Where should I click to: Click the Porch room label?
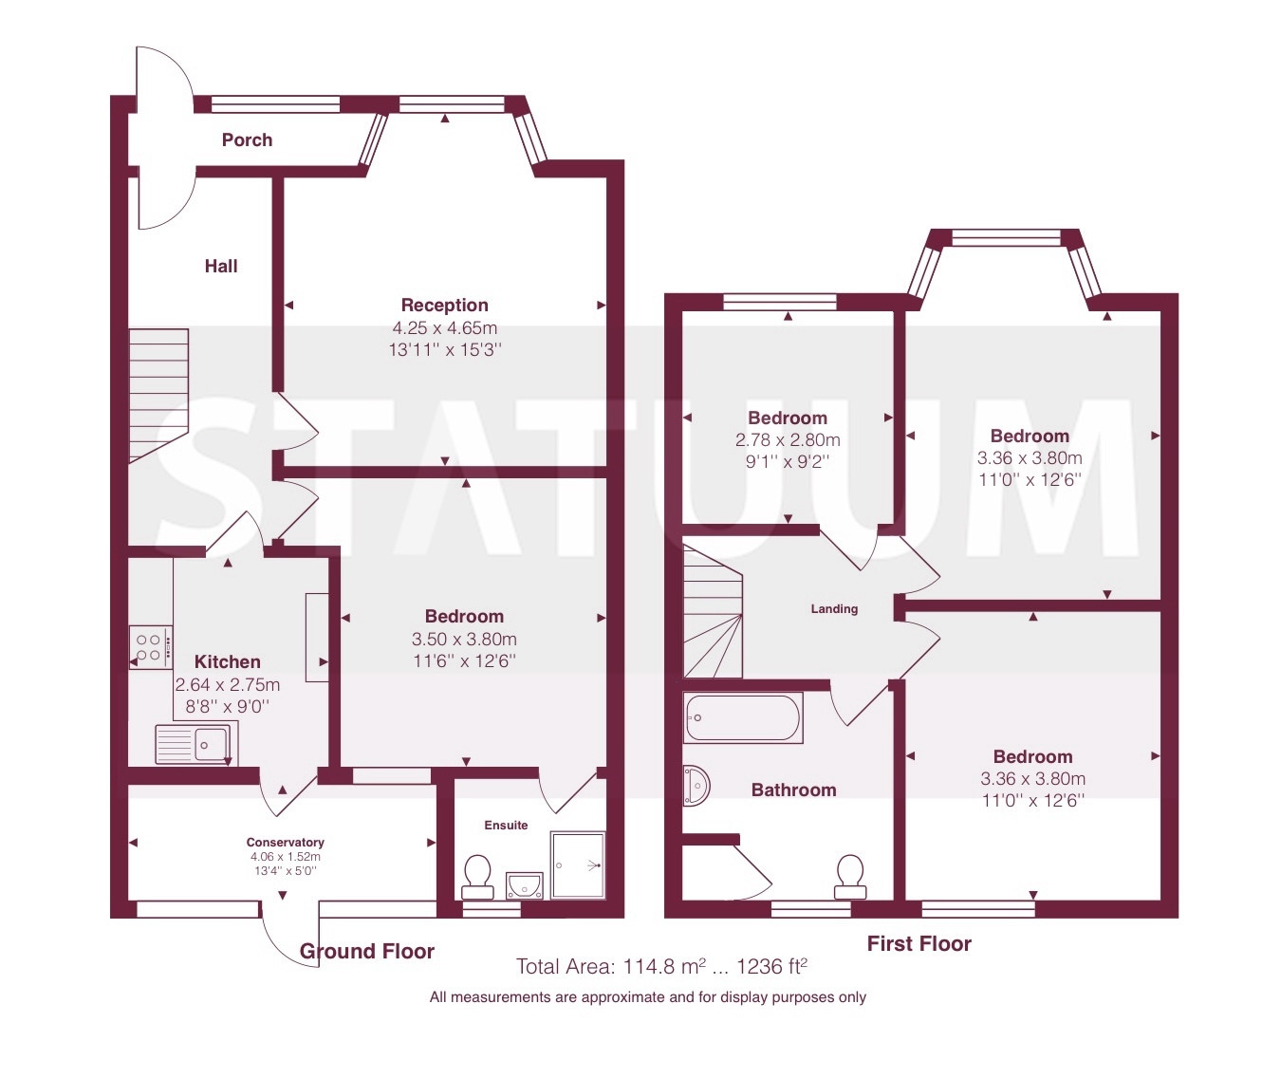247,139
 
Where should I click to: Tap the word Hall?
221,266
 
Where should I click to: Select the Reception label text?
444,305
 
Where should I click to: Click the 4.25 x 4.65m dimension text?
444,327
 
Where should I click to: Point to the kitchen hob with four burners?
150,647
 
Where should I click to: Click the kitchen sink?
196,744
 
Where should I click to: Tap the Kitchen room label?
227,661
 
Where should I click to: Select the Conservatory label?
285,843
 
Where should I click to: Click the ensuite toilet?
477,877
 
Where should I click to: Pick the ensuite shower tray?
578,864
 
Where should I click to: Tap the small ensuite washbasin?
525,885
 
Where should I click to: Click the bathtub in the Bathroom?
742,717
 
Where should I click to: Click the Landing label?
834,609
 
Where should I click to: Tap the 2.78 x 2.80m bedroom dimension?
788,439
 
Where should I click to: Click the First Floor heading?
919,943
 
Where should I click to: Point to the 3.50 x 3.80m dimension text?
464,639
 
